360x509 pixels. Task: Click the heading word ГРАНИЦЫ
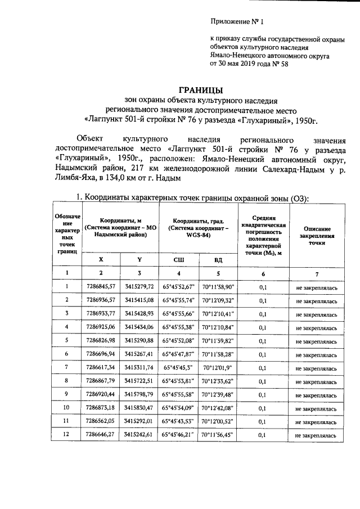[200, 90]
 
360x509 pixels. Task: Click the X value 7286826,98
[101, 340]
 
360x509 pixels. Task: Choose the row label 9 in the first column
[66, 394]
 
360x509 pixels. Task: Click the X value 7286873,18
[101, 407]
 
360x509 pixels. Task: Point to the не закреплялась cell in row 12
[317, 434]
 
